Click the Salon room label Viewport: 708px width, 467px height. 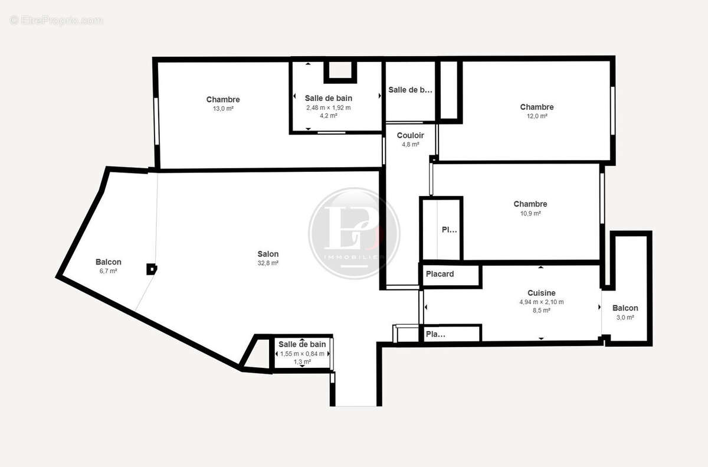pyautogui.click(x=268, y=254)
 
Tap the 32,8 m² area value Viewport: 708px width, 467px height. pyautogui.click(x=268, y=263)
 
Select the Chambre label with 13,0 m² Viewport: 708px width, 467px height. pyautogui.click(x=223, y=100)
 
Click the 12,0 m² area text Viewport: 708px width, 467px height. pyautogui.click(x=537, y=116)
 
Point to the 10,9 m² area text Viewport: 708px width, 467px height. pyautogui.click(x=530, y=214)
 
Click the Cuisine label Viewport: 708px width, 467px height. pyautogui.click(x=541, y=293)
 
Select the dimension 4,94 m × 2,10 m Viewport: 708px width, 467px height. pyautogui.click(x=541, y=302)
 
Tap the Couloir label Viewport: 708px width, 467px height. pyautogui.click(x=410, y=135)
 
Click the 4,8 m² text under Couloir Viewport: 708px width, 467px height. pyautogui.click(x=410, y=144)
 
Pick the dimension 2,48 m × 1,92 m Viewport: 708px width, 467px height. pyautogui.click(x=328, y=107)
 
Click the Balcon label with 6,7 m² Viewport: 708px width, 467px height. pyautogui.click(x=108, y=262)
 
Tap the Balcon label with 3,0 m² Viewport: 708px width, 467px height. pyautogui.click(x=625, y=308)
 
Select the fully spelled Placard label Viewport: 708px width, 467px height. pyautogui.click(x=440, y=274)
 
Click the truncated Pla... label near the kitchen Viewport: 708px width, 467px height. pyautogui.click(x=435, y=334)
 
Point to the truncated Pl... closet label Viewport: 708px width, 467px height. pyautogui.click(x=450, y=230)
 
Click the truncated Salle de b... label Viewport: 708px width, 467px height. pyautogui.click(x=410, y=90)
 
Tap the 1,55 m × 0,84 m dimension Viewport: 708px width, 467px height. pyautogui.click(x=302, y=354)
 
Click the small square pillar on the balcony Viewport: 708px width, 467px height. pyautogui.click(x=152, y=269)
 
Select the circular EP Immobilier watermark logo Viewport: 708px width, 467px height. pyautogui.click(x=354, y=233)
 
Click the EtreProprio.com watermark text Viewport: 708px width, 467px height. pyautogui.click(x=57, y=20)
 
